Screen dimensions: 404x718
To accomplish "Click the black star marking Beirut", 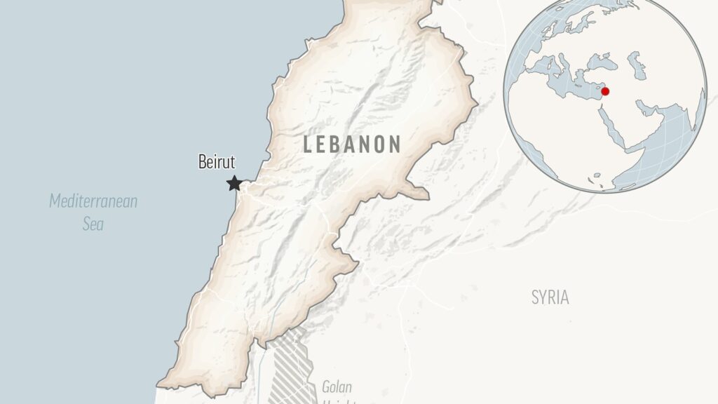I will pos(234,184).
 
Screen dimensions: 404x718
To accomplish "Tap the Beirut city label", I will pos(217,163).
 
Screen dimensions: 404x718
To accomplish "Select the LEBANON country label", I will pos(352,144).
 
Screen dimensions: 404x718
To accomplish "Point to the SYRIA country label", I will pos(550,297).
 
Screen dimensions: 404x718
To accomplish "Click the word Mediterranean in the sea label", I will pos(93,202).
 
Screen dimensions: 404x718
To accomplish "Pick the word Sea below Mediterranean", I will pos(93,224).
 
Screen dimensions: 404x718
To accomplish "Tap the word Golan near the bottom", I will pos(337,386).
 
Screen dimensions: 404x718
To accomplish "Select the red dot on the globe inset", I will pos(605,91).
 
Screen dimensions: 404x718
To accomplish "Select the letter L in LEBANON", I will pos(307,145).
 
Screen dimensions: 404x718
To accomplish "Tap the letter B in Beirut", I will pos(202,163).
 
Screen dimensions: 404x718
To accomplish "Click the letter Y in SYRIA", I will pos(543,297).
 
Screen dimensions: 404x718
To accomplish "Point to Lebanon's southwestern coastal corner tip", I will pos(160,385).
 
